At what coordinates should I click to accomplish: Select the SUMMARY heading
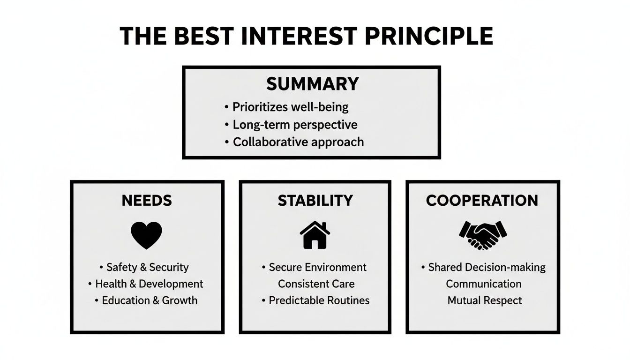click(x=313, y=84)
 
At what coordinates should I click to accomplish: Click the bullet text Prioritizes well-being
click(x=291, y=107)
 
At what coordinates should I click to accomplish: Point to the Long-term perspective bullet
click(x=295, y=125)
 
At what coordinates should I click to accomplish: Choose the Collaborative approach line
click(x=298, y=142)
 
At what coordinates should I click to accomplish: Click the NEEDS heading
click(x=147, y=201)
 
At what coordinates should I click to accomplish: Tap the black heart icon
click(x=147, y=235)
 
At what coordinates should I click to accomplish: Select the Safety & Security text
click(x=147, y=267)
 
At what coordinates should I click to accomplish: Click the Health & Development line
click(x=149, y=284)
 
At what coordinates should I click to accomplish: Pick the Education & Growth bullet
click(x=150, y=300)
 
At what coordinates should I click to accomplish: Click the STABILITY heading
click(x=315, y=201)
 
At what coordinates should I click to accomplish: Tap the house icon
click(x=315, y=235)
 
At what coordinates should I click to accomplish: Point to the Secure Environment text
click(x=317, y=267)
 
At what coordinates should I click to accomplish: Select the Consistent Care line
click(x=316, y=284)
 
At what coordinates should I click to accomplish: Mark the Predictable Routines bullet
click(x=319, y=300)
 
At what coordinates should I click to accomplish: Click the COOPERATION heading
click(x=482, y=201)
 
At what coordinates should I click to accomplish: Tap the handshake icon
click(x=483, y=235)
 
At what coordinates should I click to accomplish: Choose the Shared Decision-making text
click(x=487, y=267)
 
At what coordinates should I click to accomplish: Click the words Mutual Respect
click(x=485, y=300)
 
